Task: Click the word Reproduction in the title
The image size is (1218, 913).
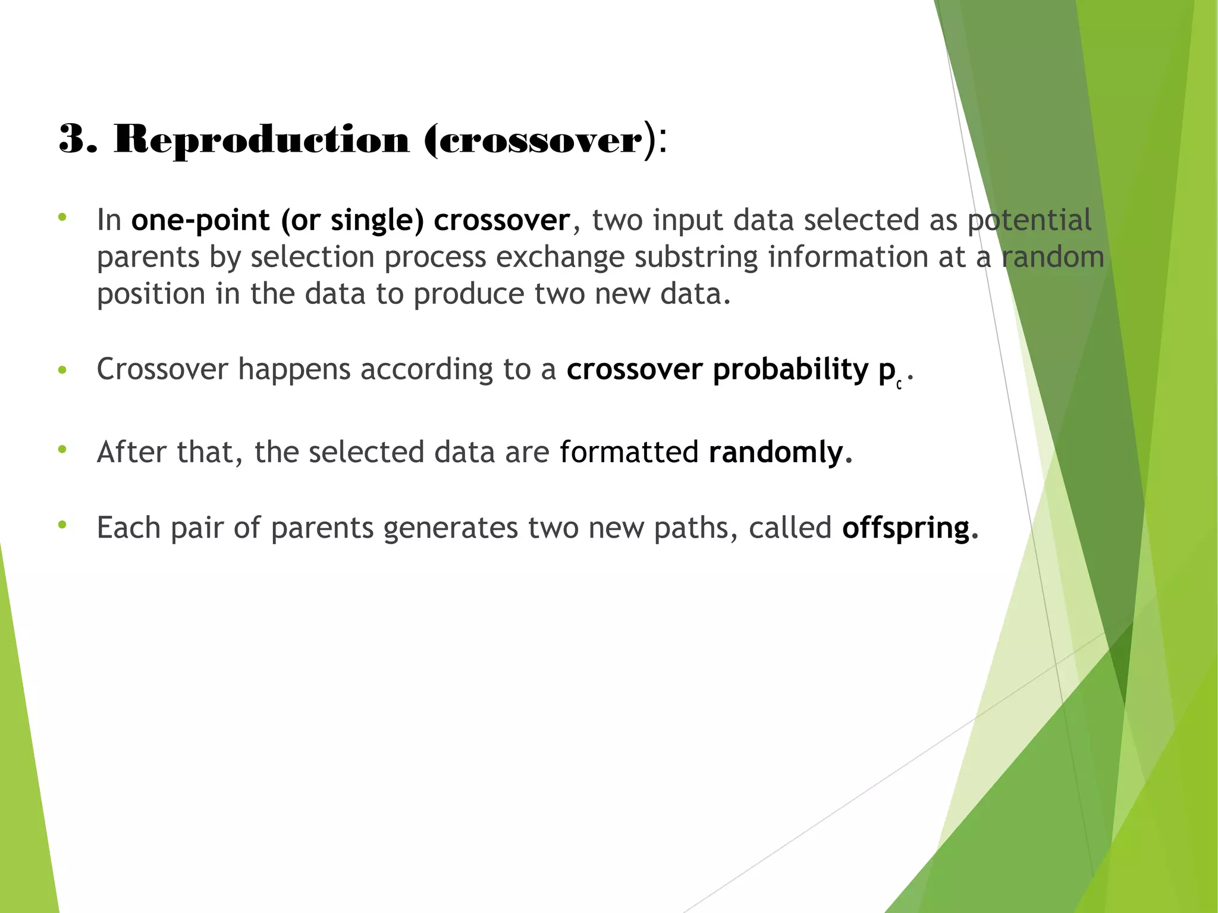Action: point(261,140)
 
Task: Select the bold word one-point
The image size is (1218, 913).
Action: point(200,220)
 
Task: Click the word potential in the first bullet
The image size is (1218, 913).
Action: point(1029,220)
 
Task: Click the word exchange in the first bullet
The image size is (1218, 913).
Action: point(560,258)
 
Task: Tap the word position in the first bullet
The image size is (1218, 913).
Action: point(151,294)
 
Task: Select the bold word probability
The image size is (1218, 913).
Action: point(791,369)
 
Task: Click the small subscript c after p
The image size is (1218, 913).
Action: point(899,385)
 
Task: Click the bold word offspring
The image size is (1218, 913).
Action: point(906,528)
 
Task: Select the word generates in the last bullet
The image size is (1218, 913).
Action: point(450,528)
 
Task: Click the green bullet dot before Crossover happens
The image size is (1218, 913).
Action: point(62,371)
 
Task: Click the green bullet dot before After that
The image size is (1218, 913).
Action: point(62,449)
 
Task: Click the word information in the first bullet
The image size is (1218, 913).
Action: point(848,258)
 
